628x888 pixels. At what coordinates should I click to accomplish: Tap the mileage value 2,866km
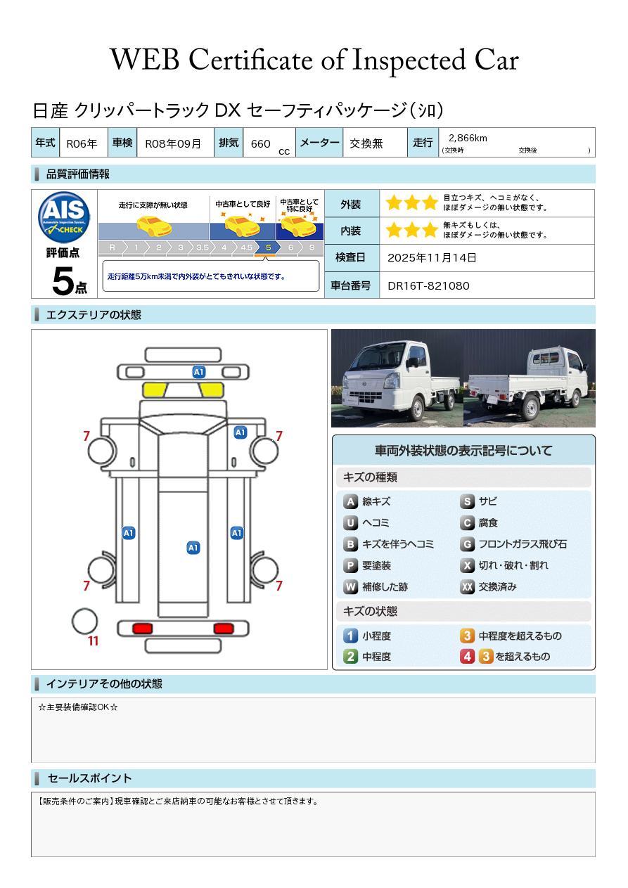point(468,138)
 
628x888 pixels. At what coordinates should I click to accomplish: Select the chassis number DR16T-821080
point(428,285)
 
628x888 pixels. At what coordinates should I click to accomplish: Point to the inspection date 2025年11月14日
point(432,258)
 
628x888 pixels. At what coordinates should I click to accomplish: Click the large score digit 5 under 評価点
point(63,282)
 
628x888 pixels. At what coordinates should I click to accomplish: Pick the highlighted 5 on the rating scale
point(267,247)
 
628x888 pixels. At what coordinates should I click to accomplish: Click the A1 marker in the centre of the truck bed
point(193,548)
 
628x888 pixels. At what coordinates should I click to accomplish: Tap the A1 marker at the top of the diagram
point(199,371)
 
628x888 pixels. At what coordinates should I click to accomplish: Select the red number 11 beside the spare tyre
point(93,641)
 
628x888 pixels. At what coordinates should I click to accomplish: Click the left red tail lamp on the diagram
point(143,628)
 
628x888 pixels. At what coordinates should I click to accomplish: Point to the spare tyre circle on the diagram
point(84,621)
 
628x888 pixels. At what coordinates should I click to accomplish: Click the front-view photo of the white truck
point(397,378)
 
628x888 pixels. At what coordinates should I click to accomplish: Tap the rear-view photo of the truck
point(530,378)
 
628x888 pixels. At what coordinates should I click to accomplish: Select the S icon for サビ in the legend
point(467,502)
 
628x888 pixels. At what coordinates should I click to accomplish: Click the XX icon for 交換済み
point(467,587)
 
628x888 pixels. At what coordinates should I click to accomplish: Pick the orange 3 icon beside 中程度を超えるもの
point(467,636)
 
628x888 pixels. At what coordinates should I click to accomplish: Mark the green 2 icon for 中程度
point(350,657)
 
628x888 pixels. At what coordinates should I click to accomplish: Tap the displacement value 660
point(260,143)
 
